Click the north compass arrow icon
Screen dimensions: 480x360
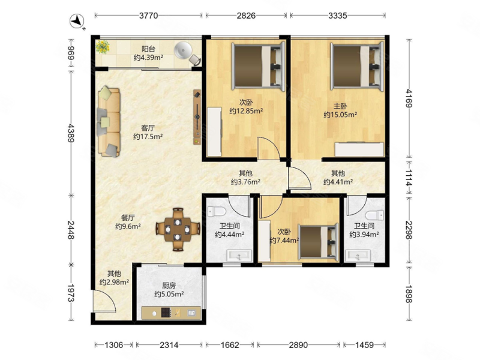pyautogui.click(x=77, y=21)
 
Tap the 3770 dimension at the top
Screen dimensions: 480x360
pyautogui.click(x=148, y=16)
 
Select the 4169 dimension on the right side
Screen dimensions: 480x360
pyautogui.click(x=409, y=98)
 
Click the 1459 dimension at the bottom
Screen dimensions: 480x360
pyautogui.click(x=365, y=345)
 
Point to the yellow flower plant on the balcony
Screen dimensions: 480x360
pyautogui.click(x=102, y=47)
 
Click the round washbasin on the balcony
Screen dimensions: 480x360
pyautogui.click(x=182, y=50)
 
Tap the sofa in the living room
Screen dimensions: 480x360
pyautogui.click(x=109, y=122)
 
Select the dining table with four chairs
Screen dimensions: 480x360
pyautogui.click(x=178, y=230)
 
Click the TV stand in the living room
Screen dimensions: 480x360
pyautogui.click(x=197, y=117)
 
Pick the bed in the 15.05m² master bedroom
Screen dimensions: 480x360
pyautogui.click(x=357, y=67)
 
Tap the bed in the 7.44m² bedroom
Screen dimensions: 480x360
pyautogui.click(x=318, y=241)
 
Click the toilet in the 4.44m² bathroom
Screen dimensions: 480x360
pyautogui.click(x=217, y=211)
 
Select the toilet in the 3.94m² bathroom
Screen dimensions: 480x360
pyautogui.click(x=374, y=215)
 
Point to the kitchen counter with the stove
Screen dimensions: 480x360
pyautogui.click(x=171, y=313)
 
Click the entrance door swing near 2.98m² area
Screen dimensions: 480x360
pyautogui.click(x=104, y=302)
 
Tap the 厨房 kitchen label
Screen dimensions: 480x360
pyautogui.click(x=169, y=286)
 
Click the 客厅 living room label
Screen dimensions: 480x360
pyautogui.click(x=148, y=128)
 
